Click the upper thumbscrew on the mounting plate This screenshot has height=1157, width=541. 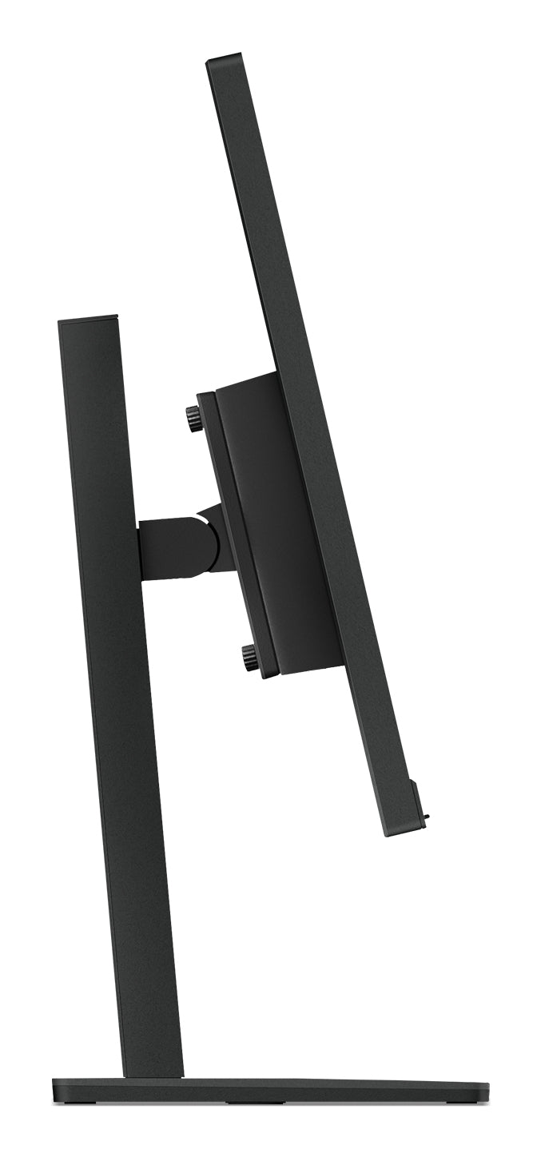pos(193,417)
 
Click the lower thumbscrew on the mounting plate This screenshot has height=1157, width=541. pos(250,658)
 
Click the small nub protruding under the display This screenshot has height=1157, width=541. pos(428,817)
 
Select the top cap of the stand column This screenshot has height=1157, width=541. pos(88,320)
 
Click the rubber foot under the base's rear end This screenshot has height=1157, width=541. pos(75,1105)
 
